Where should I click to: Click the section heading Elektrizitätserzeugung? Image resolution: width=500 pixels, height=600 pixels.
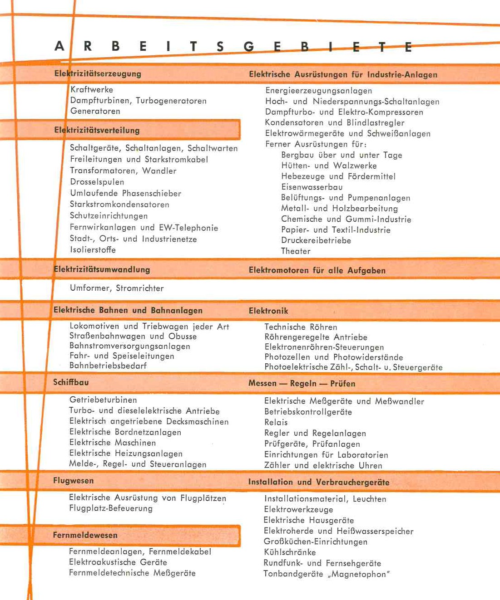pyautogui.click(x=98, y=73)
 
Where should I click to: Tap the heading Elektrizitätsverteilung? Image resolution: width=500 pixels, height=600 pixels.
pyautogui.click(x=97, y=130)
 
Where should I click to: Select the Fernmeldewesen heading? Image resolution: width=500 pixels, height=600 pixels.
pyautogui.click(x=85, y=535)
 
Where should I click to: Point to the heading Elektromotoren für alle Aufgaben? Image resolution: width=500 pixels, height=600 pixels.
pyautogui.click(x=317, y=270)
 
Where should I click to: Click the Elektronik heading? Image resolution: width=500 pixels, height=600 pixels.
pyautogui.click(x=268, y=311)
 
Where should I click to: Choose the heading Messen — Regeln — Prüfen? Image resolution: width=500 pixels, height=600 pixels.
pyautogui.click(x=302, y=383)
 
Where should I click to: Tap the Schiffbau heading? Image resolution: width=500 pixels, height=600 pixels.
pyautogui.click(x=71, y=382)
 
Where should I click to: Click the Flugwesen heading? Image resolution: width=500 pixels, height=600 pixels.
pyautogui.click(x=73, y=481)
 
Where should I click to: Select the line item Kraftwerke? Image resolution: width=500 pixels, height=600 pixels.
pyautogui.click(x=92, y=90)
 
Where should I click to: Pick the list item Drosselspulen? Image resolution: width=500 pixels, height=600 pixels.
pyautogui.click(x=97, y=182)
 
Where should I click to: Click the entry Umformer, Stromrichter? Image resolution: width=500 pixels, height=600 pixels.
pyautogui.click(x=117, y=288)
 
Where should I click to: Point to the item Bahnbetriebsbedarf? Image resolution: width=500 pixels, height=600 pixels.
pyautogui.click(x=108, y=366)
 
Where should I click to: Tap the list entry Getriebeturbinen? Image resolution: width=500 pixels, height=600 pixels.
pyautogui.click(x=103, y=400)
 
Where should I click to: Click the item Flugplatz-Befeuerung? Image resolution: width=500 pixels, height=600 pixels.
pyautogui.click(x=111, y=508)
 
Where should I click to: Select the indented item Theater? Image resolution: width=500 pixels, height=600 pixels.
pyautogui.click(x=296, y=251)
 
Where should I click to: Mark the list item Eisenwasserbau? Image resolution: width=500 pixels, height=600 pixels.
pyautogui.click(x=312, y=187)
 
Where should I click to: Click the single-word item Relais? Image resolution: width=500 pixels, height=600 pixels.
pyautogui.click(x=276, y=422)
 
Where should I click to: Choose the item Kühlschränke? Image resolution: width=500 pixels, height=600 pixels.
pyautogui.click(x=290, y=552)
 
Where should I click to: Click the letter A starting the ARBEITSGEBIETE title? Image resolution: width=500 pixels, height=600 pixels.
pyautogui.click(x=59, y=46)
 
